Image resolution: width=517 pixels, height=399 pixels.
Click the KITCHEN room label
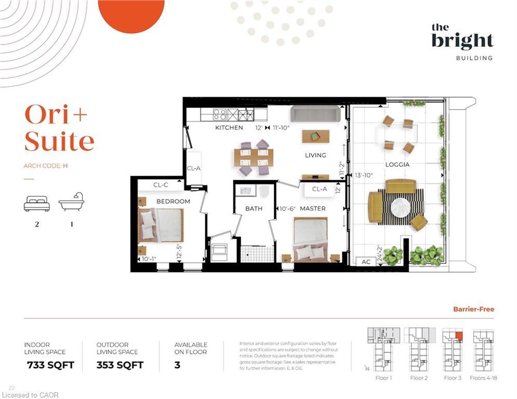(x=229, y=127)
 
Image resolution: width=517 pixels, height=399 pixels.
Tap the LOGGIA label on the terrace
(x=397, y=165)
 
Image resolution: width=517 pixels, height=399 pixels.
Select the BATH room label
(x=254, y=208)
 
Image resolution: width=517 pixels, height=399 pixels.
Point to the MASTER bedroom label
(x=313, y=208)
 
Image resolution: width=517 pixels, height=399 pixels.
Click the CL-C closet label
(x=161, y=185)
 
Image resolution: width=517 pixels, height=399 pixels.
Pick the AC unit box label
(x=366, y=262)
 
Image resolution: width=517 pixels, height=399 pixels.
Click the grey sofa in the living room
(x=315, y=114)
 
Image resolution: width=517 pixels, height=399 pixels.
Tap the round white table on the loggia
(x=401, y=207)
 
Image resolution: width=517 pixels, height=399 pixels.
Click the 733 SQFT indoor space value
(x=50, y=365)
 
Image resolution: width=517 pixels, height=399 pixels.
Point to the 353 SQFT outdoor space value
(x=121, y=365)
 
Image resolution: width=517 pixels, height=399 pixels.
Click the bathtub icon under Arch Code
(x=72, y=202)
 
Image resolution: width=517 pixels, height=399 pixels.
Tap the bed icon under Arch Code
(x=37, y=203)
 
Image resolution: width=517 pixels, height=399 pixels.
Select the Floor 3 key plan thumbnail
(x=452, y=349)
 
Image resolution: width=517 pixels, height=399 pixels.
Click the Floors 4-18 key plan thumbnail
(x=483, y=349)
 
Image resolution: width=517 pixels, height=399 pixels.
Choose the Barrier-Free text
(x=474, y=309)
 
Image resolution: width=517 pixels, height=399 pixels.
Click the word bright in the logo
(x=462, y=41)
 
